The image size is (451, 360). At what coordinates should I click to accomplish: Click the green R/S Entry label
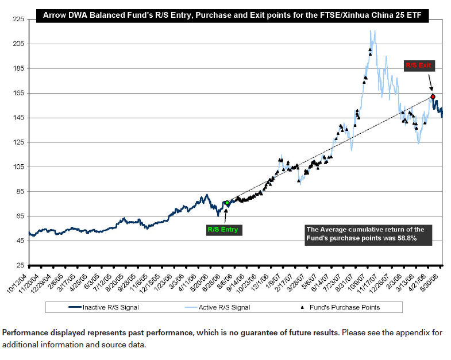coord(222,230)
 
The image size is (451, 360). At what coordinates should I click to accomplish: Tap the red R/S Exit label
coord(418,66)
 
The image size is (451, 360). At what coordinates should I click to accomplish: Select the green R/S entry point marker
coord(227,203)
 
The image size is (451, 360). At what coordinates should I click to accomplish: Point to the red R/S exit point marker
coord(433,96)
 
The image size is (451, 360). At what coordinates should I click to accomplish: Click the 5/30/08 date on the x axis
coord(436,279)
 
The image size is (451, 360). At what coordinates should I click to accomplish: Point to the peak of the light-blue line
coord(375,31)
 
